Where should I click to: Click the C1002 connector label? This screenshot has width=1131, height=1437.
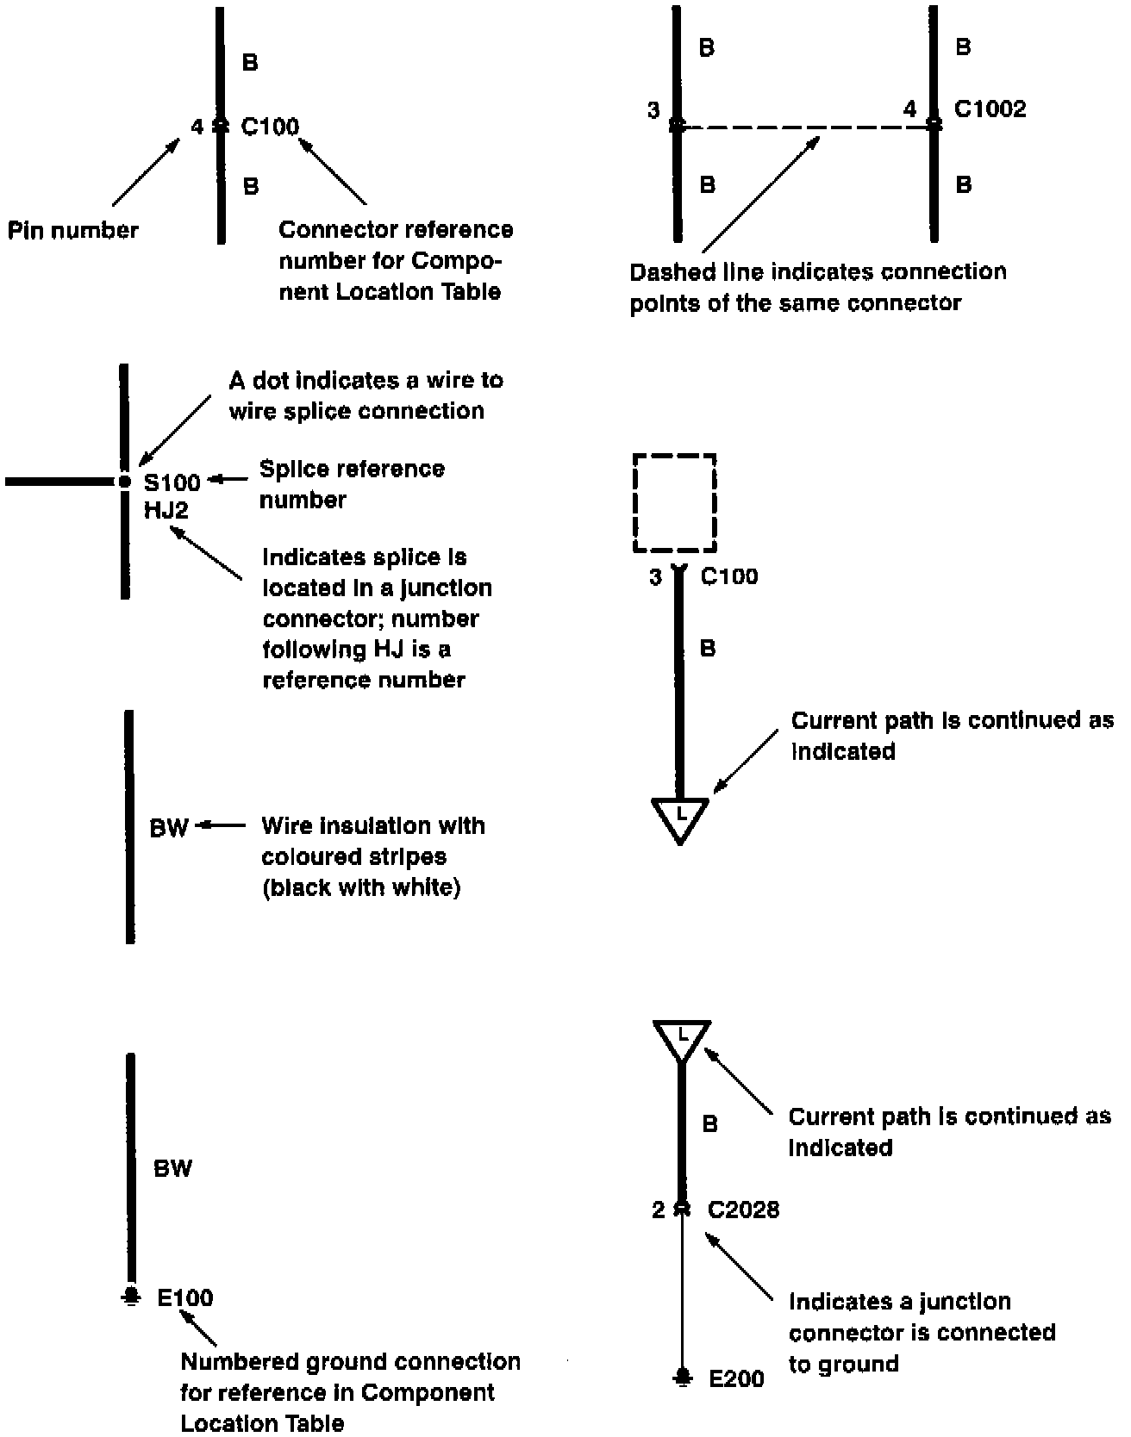(x=990, y=109)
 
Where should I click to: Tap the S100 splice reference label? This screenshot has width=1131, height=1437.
(x=172, y=482)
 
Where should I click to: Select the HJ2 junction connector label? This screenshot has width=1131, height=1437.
(x=166, y=511)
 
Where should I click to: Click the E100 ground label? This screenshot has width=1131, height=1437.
(x=185, y=1298)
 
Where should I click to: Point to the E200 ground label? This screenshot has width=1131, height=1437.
(x=736, y=1379)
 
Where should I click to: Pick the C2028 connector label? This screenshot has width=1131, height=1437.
(x=743, y=1210)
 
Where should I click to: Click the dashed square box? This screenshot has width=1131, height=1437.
(x=675, y=503)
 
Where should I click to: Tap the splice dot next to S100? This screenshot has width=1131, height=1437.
(x=125, y=482)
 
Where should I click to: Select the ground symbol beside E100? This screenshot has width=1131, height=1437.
(x=130, y=1297)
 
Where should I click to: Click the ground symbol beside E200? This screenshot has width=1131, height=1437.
(x=682, y=1377)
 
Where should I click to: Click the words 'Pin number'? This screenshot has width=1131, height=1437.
(x=73, y=231)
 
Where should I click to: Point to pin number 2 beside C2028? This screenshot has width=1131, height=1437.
(x=659, y=1210)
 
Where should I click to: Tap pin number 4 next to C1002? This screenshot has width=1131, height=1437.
(x=910, y=109)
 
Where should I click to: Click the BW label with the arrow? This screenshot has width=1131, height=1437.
(x=169, y=828)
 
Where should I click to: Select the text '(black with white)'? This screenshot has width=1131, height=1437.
(x=361, y=888)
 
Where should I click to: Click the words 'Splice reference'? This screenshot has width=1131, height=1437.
(x=352, y=470)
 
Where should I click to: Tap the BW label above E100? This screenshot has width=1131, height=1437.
(x=172, y=1169)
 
